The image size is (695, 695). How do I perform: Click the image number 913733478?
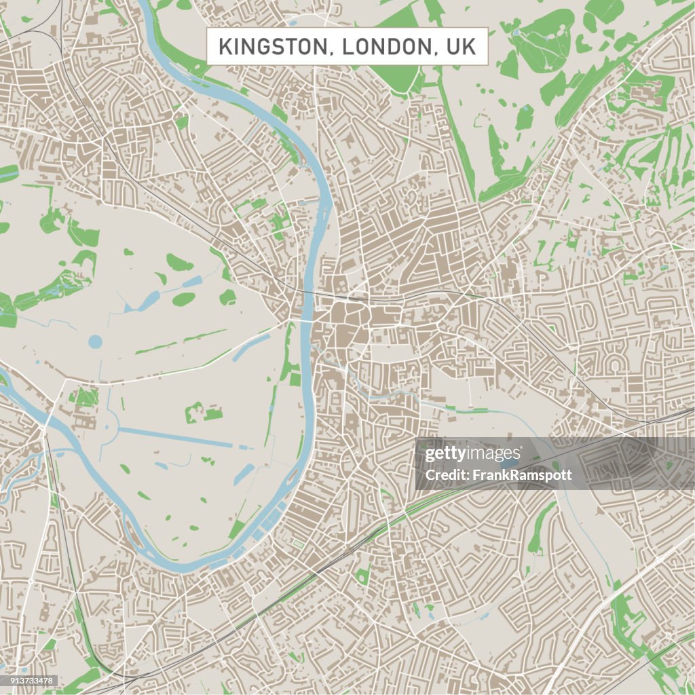pos(29,681)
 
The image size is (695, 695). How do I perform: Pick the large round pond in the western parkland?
pos(96,341)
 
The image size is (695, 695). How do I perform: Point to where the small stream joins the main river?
pos(314,347)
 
